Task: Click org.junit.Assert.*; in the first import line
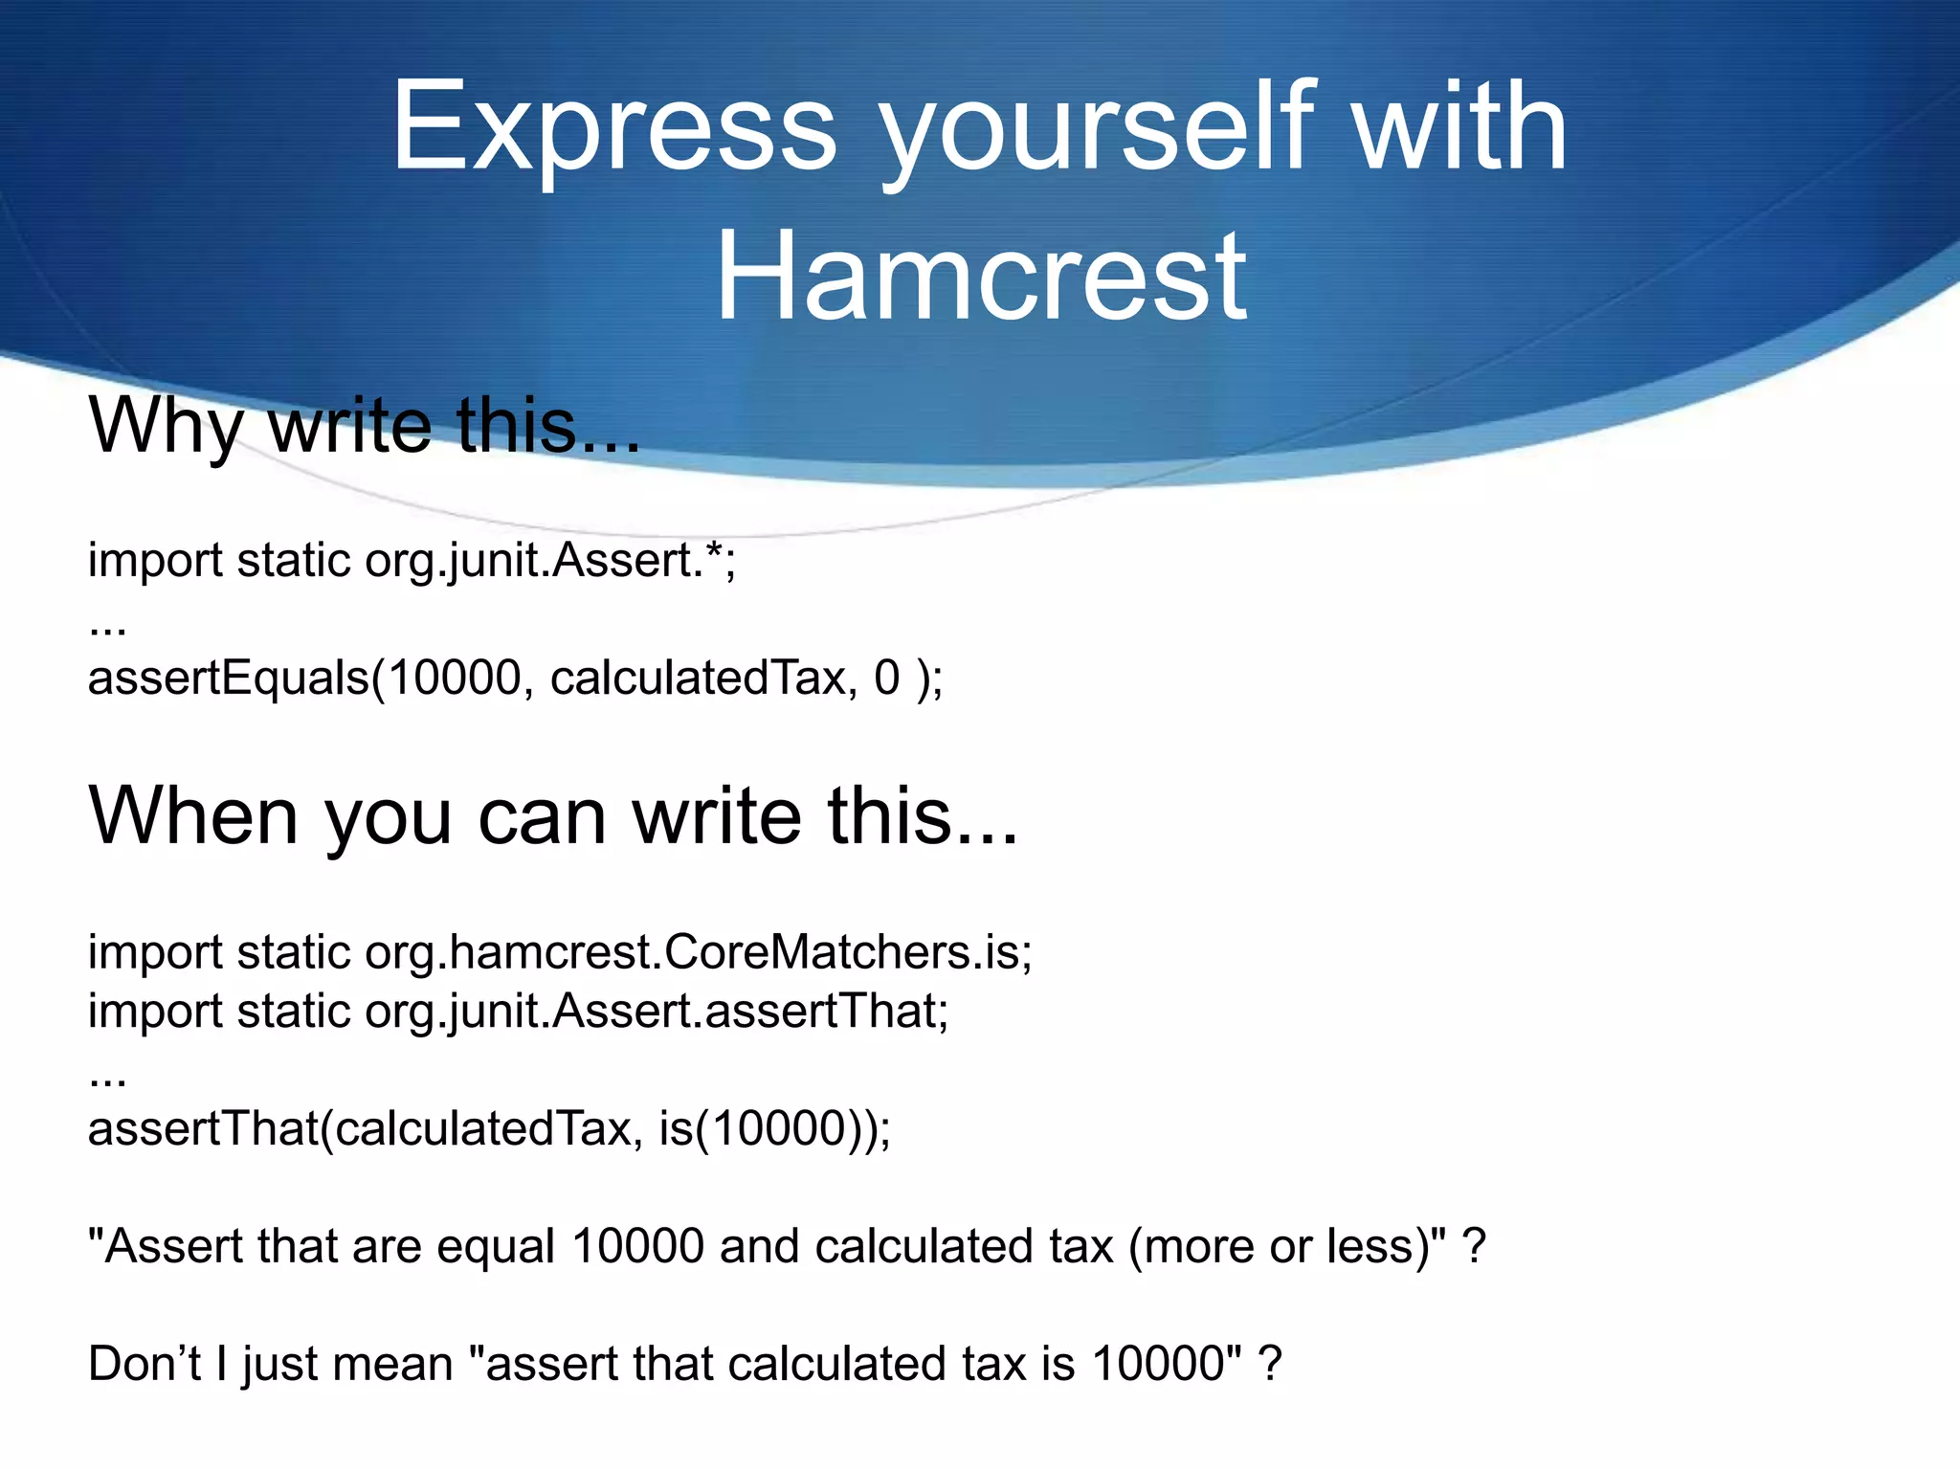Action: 551,561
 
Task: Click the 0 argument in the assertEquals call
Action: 887,678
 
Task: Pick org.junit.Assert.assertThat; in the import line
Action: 657,1012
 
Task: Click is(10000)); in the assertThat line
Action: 775,1129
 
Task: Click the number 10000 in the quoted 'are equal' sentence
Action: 637,1247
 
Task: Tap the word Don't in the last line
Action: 144,1364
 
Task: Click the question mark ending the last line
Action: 1270,1364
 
